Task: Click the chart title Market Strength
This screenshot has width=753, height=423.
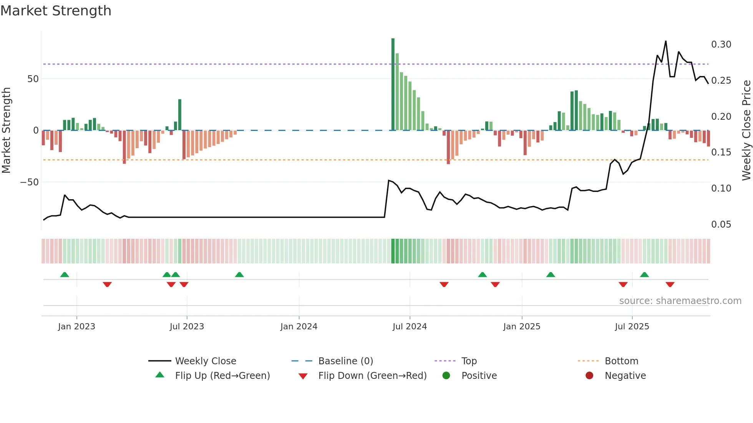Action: pyautogui.click(x=56, y=11)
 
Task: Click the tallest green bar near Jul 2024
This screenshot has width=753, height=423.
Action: pyautogui.click(x=393, y=84)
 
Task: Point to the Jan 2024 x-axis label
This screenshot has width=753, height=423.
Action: pyautogui.click(x=299, y=327)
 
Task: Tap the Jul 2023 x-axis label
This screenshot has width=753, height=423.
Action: pyautogui.click(x=187, y=327)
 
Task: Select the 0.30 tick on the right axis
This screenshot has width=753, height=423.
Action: pyautogui.click(x=721, y=45)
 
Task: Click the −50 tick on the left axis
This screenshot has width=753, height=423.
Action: pyautogui.click(x=30, y=182)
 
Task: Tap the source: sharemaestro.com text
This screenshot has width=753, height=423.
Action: pyautogui.click(x=680, y=301)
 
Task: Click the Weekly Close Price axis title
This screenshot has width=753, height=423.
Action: pyautogui.click(x=746, y=131)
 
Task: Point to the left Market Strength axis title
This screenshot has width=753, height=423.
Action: pyautogui.click(x=7, y=131)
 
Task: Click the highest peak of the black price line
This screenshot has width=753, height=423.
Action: pyautogui.click(x=666, y=41)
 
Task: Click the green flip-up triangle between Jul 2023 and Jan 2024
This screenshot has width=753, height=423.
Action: pyautogui.click(x=239, y=275)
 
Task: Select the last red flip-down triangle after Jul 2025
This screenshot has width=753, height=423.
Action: pyautogui.click(x=670, y=284)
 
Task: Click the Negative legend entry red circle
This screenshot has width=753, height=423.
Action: pyautogui.click(x=589, y=376)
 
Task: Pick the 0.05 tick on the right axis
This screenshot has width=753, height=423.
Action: pyautogui.click(x=721, y=225)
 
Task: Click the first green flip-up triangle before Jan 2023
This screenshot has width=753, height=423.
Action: pyautogui.click(x=65, y=275)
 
